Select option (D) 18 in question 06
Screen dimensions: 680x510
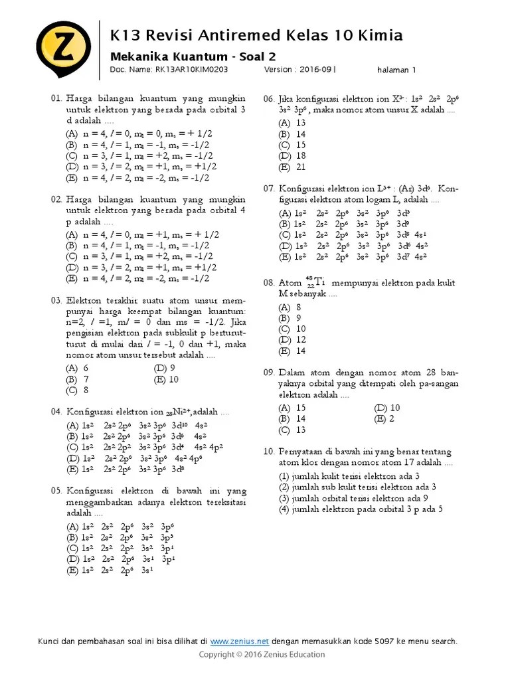tap(293, 156)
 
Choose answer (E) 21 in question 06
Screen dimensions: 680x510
tap(293, 167)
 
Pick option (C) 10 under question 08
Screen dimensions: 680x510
tap(293, 329)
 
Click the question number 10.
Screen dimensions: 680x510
tap(269, 451)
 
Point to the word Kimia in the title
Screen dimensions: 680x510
tap(380, 35)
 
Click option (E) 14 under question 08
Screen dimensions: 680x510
tap(293, 351)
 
